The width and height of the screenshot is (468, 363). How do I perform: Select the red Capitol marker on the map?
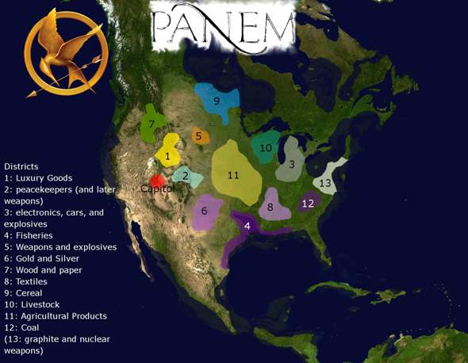[x=157, y=181]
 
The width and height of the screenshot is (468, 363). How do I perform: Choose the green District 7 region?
[x=152, y=124]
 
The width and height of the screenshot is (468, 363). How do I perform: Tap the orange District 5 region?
[x=200, y=136]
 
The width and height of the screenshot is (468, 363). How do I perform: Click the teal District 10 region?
[x=267, y=147]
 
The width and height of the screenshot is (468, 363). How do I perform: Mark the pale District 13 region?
[x=328, y=180]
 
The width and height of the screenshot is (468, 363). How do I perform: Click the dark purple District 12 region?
[x=309, y=203]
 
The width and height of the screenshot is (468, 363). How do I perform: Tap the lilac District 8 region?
[x=271, y=206]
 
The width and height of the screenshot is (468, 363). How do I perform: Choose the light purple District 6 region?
[x=205, y=212]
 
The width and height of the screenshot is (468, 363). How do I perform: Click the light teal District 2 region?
[x=186, y=178]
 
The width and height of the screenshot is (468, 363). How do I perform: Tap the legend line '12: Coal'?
[x=25, y=327]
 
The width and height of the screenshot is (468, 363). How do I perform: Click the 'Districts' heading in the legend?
[x=21, y=166]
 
